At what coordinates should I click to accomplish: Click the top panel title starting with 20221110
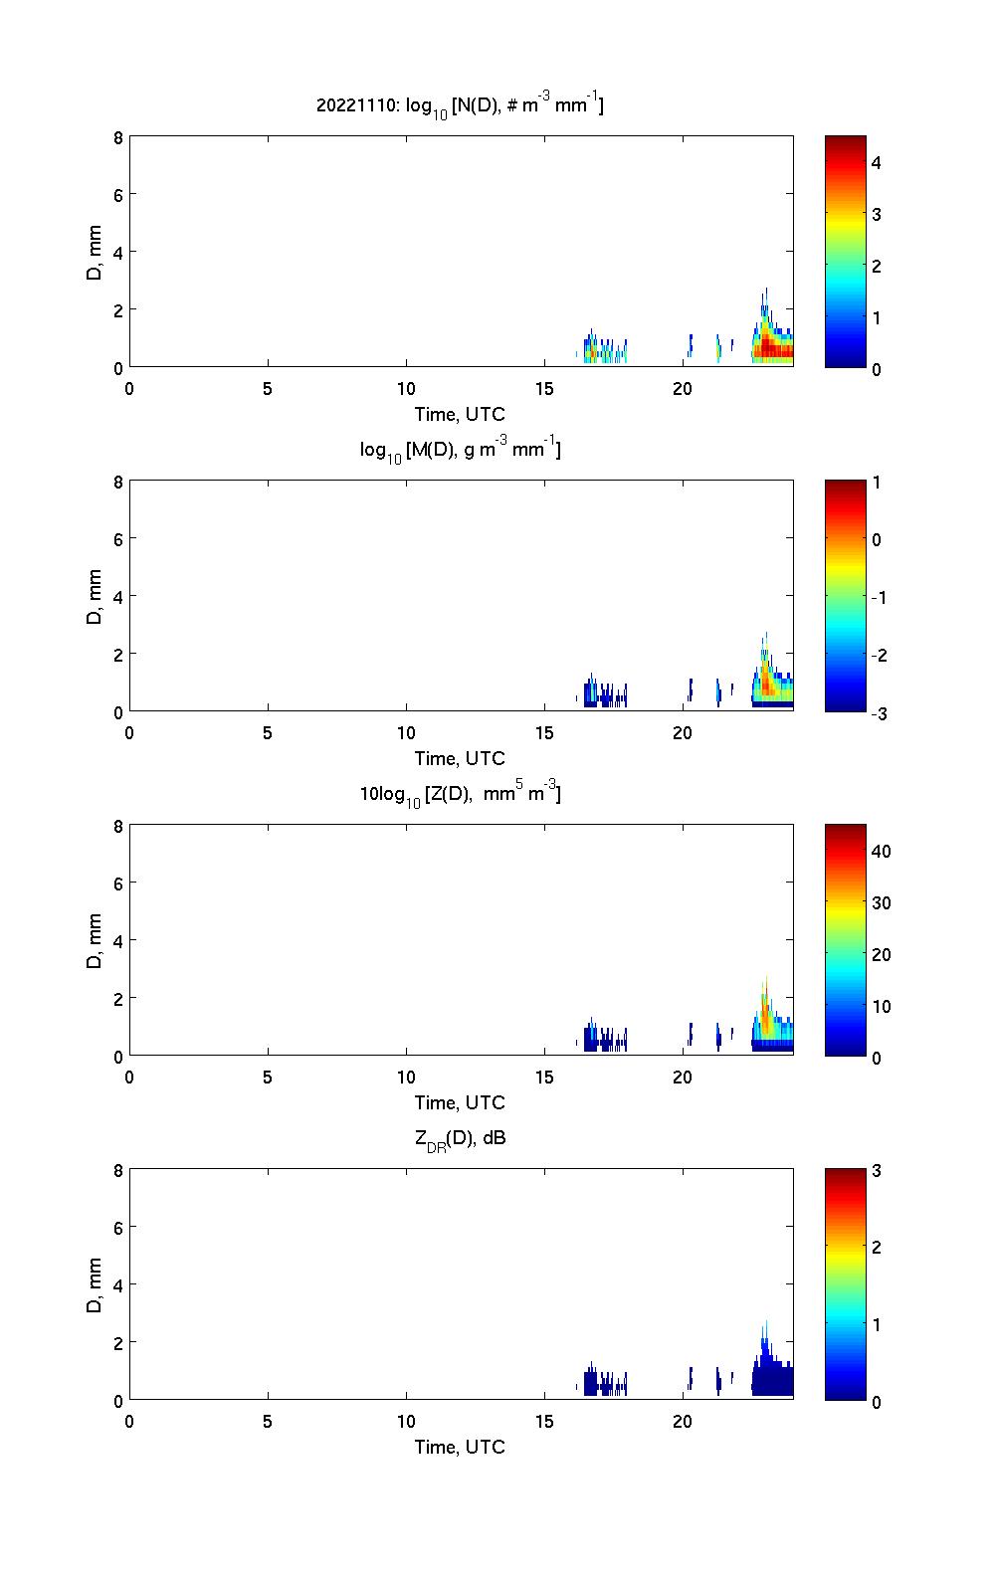coord(460,105)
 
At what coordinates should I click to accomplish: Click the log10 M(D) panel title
coord(460,451)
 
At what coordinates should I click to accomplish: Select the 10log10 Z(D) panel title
coord(460,795)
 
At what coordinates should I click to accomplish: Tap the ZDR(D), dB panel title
coord(460,1138)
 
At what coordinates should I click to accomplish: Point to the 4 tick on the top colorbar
coord(877,162)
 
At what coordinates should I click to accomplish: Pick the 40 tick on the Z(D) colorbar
coord(881,852)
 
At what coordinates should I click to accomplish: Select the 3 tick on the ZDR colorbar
coord(877,1171)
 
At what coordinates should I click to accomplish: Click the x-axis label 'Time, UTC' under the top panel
coord(460,414)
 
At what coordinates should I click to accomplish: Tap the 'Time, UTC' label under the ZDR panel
coord(460,1447)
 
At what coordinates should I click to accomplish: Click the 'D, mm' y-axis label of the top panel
coord(95,252)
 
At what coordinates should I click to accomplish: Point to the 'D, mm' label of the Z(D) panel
coord(95,940)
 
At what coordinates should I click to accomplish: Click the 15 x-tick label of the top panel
coord(544,389)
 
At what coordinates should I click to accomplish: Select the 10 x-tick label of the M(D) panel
coord(406,733)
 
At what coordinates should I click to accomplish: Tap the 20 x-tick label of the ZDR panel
coord(683,1422)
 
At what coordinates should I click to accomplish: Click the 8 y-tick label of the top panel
coord(118,137)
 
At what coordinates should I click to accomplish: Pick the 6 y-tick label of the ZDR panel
coord(118,1228)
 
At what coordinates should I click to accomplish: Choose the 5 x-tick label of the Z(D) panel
coord(268,1078)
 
